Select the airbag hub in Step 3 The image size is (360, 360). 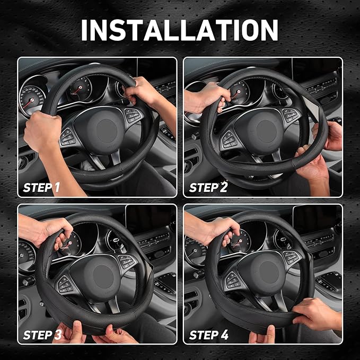point(95,276)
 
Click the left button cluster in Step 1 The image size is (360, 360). point(68,137)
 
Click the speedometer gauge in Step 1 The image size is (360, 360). point(33,96)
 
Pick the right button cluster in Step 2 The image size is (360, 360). point(291,115)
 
